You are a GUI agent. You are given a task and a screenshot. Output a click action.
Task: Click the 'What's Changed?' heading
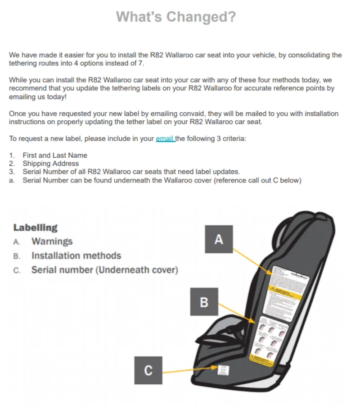(x=176, y=17)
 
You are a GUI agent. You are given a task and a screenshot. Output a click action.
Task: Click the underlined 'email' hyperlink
(x=165, y=139)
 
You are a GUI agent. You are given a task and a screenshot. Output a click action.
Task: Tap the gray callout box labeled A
(x=218, y=239)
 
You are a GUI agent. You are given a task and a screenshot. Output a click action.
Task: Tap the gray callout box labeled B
(x=203, y=302)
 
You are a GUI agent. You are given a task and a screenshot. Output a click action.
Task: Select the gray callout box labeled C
(x=148, y=370)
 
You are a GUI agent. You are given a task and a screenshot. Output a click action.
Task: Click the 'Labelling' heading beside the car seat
(x=36, y=228)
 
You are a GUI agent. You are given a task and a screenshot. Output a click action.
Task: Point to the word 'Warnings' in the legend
(x=52, y=241)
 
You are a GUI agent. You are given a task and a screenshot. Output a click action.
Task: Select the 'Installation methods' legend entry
(x=76, y=256)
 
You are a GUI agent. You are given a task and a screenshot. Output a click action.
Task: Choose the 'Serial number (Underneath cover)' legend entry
(x=104, y=270)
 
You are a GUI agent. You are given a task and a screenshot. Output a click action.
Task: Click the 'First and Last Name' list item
(x=55, y=155)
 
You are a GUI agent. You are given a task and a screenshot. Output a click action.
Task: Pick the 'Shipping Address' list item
(x=51, y=164)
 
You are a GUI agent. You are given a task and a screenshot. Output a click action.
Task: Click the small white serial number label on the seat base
(x=224, y=370)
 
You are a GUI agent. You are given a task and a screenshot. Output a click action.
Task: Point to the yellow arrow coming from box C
(x=189, y=371)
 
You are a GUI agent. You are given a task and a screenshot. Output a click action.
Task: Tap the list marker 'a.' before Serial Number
(x=12, y=181)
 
